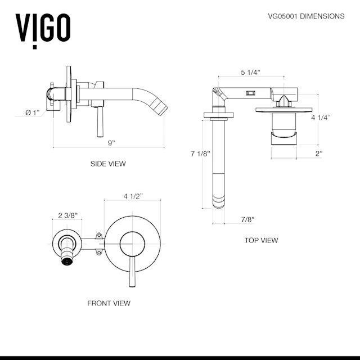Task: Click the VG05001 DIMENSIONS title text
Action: click(x=306, y=16)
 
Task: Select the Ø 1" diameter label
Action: click(x=33, y=112)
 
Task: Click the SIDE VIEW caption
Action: click(x=108, y=164)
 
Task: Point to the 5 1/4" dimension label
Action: click(x=250, y=72)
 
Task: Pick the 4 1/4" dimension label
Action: click(x=321, y=118)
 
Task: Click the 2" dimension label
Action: click(x=319, y=153)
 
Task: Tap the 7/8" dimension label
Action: click(x=246, y=218)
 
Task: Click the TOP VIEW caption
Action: click(x=261, y=240)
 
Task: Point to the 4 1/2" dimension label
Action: click(x=133, y=196)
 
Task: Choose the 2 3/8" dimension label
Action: click(x=67, y=215)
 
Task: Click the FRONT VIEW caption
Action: click(x=109, y=303)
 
